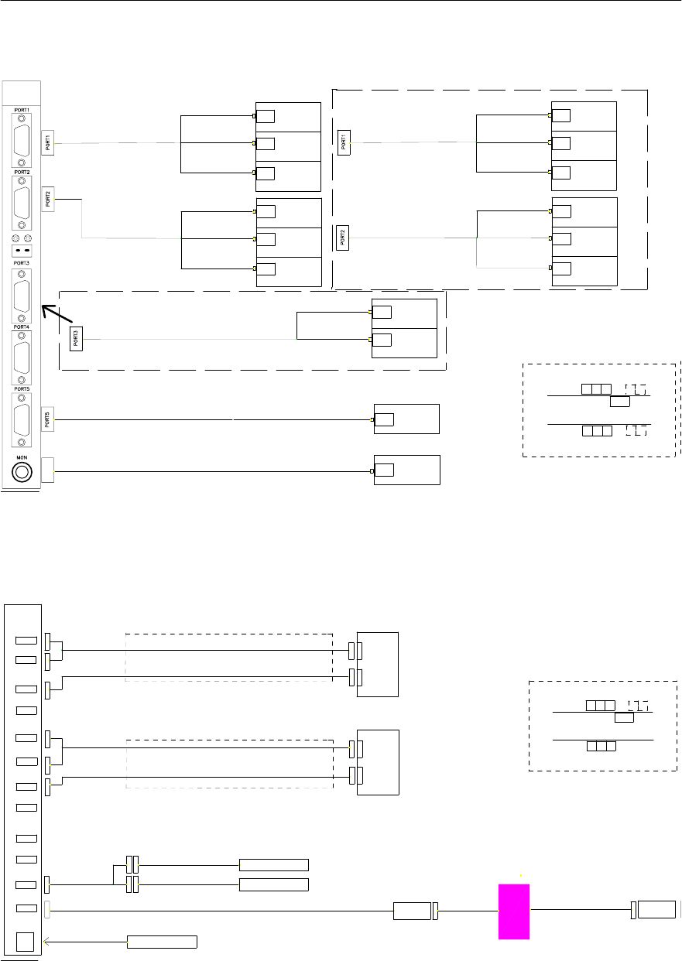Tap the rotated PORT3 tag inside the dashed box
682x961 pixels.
tap(76, 339)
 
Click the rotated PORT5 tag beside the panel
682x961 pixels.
tap(47, 420)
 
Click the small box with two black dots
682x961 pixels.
tap(22, 252)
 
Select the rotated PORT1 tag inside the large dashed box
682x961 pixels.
tap(344, 142)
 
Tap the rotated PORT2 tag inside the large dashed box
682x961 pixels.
tap(343, 238)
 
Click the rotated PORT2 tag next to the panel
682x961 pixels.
tap(47, 199)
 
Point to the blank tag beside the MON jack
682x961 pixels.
tap(47, 470)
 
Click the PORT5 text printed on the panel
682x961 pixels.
tap(21, 389)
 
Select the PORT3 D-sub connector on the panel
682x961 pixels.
tap(22, 296)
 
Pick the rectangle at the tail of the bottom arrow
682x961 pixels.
tap(162, 942)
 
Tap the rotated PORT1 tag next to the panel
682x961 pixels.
tap(47, 142)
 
